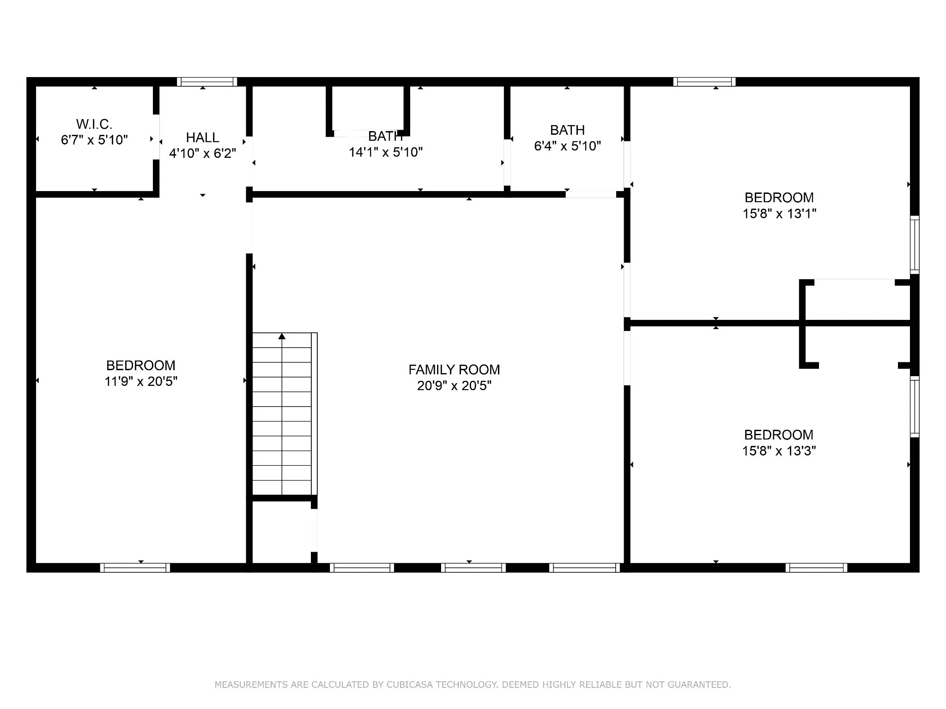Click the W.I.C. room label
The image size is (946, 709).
pos(94,124)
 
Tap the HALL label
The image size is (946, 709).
pos(202,138)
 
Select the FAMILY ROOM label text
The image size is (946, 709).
pos(454,370)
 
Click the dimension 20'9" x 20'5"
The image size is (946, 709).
pos(454,385)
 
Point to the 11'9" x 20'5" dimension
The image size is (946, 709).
pos(141,381)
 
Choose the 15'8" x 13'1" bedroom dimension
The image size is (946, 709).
pos(779,214)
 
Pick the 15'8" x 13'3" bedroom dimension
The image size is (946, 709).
pos(779,451)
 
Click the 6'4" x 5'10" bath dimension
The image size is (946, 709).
pos(567,146)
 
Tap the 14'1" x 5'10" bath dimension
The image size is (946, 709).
pos(386,152)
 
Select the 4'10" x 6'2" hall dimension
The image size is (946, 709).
pos(202,153)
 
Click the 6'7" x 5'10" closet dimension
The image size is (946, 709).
pos(94,139)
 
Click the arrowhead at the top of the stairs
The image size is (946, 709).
pos(282,336)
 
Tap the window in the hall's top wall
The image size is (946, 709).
pos(207,82)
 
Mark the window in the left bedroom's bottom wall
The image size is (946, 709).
pos(135,568)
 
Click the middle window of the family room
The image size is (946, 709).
pos(473,568)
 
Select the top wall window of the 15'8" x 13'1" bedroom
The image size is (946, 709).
pos(704,82)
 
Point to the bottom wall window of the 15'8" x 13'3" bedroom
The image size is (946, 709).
pos(817,568)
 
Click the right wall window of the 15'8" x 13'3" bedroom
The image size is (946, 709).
pos(915,407)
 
